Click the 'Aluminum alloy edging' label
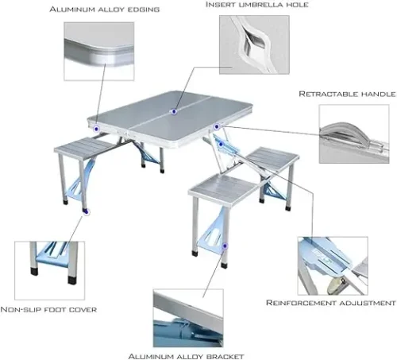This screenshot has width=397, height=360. tap(105, 10)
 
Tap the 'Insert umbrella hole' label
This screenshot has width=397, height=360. tap(257, 5)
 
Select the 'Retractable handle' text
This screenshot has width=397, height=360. tap(347, 94)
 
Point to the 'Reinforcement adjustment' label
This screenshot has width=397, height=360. tap(331, 303)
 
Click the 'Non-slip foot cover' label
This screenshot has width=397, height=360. tap(48, 309)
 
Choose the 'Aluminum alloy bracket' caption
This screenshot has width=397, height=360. tap(186, 356)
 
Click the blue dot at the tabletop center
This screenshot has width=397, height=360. tap(174, 111)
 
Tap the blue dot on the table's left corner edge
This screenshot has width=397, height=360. tap(96, 129)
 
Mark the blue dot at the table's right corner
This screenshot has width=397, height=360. tap(217, 126)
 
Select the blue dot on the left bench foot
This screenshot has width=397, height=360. tap(86, 211)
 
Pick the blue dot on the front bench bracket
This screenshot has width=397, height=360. tap(225, 246)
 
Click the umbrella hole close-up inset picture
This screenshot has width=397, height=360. tap(254, 45)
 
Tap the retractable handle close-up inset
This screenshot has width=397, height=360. tap(354, 134)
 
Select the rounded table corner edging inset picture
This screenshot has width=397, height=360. tap(99, 51)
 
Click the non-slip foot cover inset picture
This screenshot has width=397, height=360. tap(50, 270)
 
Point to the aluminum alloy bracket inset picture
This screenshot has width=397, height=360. tap(188, 318)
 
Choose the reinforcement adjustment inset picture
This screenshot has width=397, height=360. tap(333, 265)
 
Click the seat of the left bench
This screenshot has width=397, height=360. tap(82, 148)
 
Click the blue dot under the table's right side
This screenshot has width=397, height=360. tap(222, 144)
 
